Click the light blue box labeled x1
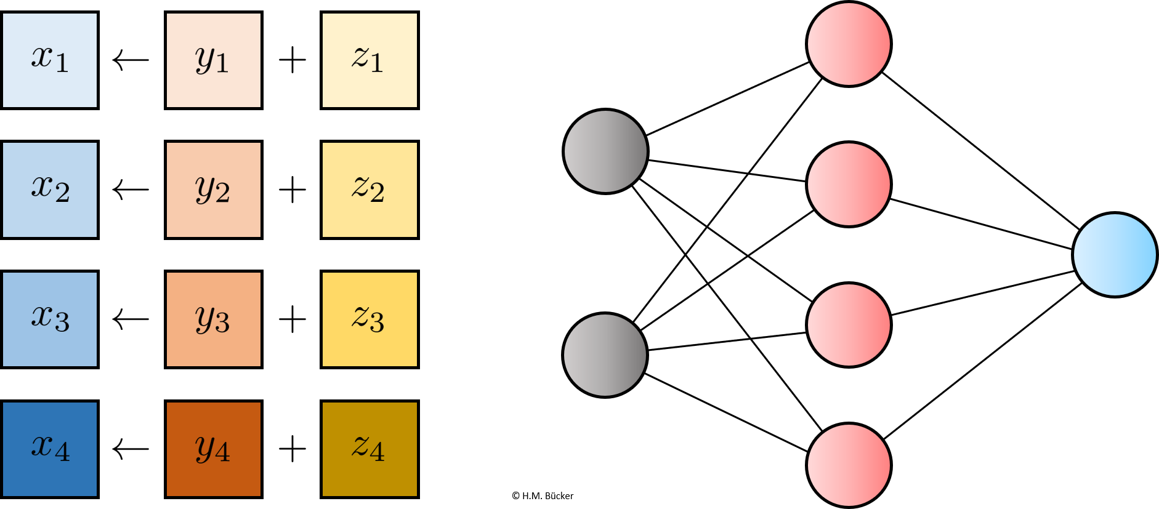coord(50,60)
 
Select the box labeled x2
coord(50,190)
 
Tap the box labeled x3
coord(50,319)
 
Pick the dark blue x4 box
coord(50,449)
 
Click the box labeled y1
coord(214,60)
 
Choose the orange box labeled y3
coord(214,319)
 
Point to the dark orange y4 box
coord(214,449)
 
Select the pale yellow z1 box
coord(370,60)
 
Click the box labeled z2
coord(370,190)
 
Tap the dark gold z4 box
coord(370,449)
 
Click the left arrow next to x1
coord(131,60)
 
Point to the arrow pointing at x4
coord(131,449)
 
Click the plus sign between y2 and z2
coord(293,190)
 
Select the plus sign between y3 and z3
coord(293,319)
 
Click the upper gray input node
coord(605,151)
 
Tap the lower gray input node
coord(605,355)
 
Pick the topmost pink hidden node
coord(849,44)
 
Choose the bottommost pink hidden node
coord(849,465)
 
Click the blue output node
coord(1115,255)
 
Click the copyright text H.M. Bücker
coord(547,495)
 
